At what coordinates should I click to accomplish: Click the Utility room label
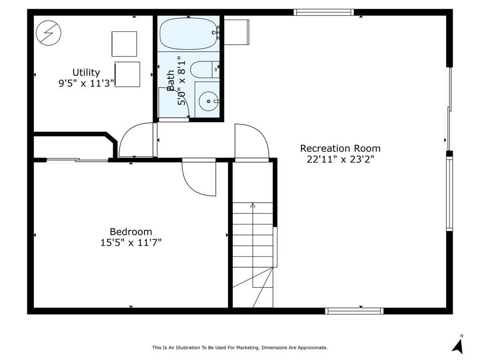[x=86, y=73]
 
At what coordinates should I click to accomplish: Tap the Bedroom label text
[x=131, y=232]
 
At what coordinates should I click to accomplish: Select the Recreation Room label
[x=340, y=149]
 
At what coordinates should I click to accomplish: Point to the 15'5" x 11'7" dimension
[x=131, y=243]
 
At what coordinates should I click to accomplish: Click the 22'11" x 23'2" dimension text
[x=340, y=159]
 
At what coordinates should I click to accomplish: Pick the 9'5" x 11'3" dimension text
[x=86, y=83]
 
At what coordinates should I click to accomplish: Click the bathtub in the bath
[x=188, y=34]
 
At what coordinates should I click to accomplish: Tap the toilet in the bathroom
[x=205, y=69]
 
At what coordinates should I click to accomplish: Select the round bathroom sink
[x=209, y=101]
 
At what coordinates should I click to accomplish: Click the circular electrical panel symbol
[x=48, y=33]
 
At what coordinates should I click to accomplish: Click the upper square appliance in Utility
[x=124, y=44]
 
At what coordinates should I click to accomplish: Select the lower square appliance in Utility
[x=127, y=75]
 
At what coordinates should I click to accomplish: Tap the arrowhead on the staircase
[x=253, y=205]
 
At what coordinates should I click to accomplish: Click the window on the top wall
[x=324, y=12]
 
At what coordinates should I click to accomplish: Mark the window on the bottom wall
[x=354, y=311]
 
